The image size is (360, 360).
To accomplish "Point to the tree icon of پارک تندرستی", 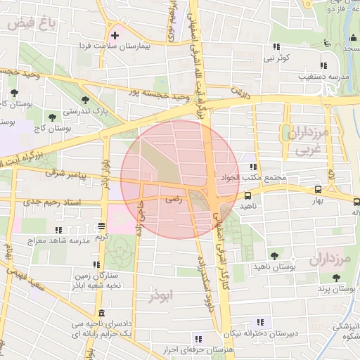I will tap(86, 100).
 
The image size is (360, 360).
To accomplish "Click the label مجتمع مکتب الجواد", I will tap(252, 178).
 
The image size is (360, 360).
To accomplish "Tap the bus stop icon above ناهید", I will tap(248, 196).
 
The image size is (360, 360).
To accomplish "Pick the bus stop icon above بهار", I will tap(319, 189).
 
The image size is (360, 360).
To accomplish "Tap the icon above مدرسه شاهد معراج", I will tap(58, 229).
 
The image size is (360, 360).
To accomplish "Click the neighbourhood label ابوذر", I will tap(160, 296).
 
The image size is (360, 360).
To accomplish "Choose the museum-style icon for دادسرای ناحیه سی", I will tap(103, 313).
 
